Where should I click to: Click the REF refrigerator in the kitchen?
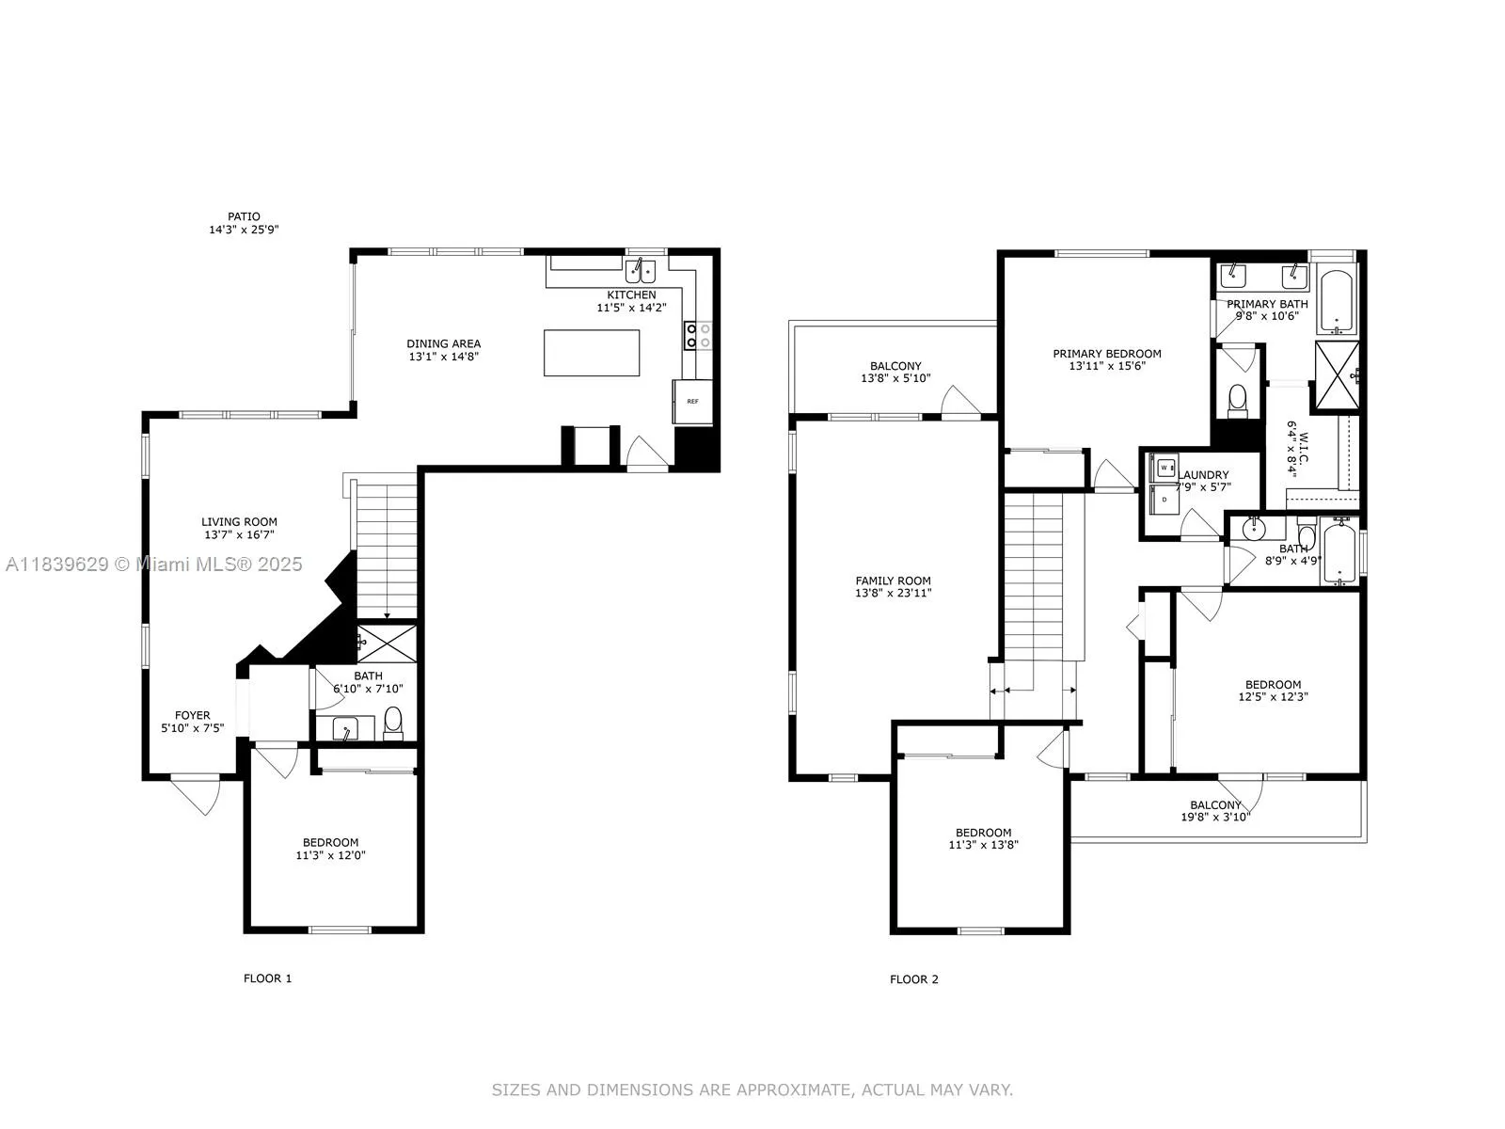point(691,402)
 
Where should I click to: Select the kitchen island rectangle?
point(592,353)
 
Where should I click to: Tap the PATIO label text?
point(244,216)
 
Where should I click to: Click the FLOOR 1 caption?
point(268,978)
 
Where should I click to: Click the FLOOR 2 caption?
point(914,979)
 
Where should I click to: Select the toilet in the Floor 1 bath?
point(393,723)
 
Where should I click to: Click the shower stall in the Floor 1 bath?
point(387,643)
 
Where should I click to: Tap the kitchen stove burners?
point(697,335)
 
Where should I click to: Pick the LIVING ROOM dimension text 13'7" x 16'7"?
point(240,535)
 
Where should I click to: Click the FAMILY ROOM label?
point(894,580)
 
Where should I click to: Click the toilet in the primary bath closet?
point(1238,400)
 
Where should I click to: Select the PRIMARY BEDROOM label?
point(1107,354)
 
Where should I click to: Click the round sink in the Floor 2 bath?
point(1254,531)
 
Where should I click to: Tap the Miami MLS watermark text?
point(154,564)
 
